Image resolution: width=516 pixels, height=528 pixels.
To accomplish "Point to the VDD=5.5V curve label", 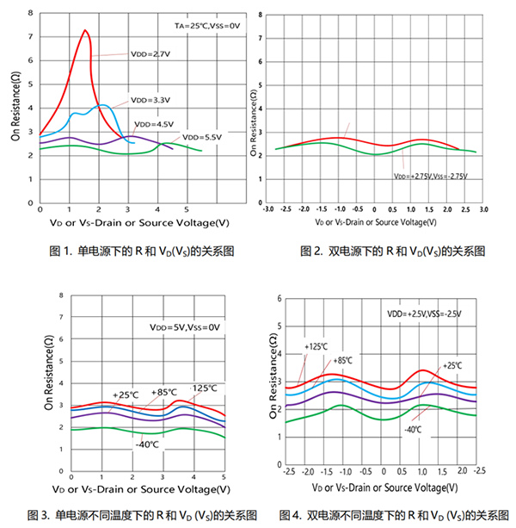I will (x=202, y=137).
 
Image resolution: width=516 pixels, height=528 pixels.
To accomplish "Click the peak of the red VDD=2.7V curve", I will (x=86, y=30).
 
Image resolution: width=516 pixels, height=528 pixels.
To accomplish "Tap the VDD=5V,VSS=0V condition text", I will (x=181, y=326).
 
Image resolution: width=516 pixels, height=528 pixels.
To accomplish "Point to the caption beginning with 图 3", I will (x=132, y=515).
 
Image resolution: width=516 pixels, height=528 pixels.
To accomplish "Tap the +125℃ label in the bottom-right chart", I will (x=316, y=346).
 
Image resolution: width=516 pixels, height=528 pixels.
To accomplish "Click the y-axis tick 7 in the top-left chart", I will (x=33, y=37).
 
